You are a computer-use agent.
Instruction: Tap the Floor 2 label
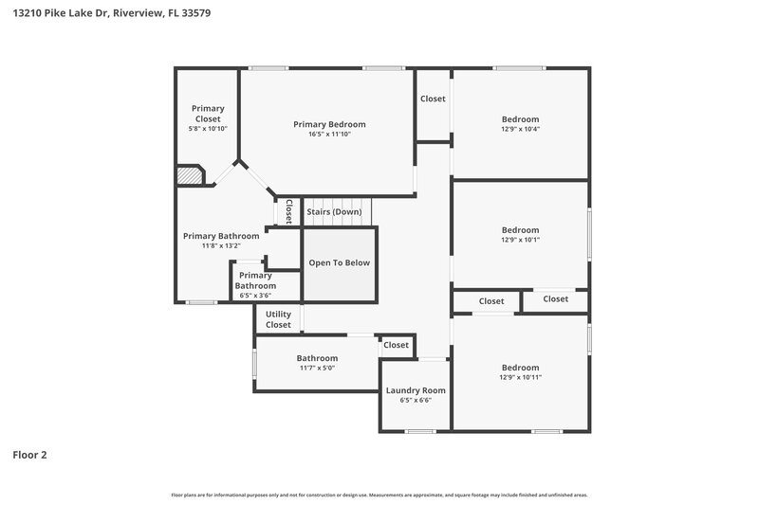29,455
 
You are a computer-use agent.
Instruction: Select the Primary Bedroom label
329,124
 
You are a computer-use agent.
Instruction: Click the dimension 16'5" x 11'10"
329,135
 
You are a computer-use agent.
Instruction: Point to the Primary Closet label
208,114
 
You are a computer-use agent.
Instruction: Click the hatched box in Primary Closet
190,176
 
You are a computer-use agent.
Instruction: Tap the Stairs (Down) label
333,211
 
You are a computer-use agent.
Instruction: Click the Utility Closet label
278,319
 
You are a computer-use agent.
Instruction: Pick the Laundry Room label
415,390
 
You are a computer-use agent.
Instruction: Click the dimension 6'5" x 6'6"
415,401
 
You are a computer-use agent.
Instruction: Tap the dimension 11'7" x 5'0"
317,368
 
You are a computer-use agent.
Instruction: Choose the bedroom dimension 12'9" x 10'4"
520,129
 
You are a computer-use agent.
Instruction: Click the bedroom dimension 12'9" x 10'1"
520,240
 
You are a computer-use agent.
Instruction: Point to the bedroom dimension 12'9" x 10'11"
520,377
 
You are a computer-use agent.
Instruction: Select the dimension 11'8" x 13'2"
221,245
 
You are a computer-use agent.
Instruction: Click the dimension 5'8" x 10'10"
208,129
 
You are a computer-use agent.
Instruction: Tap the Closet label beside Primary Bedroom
433,99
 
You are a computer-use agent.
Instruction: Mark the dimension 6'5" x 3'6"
255,296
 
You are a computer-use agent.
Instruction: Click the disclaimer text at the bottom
379,495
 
